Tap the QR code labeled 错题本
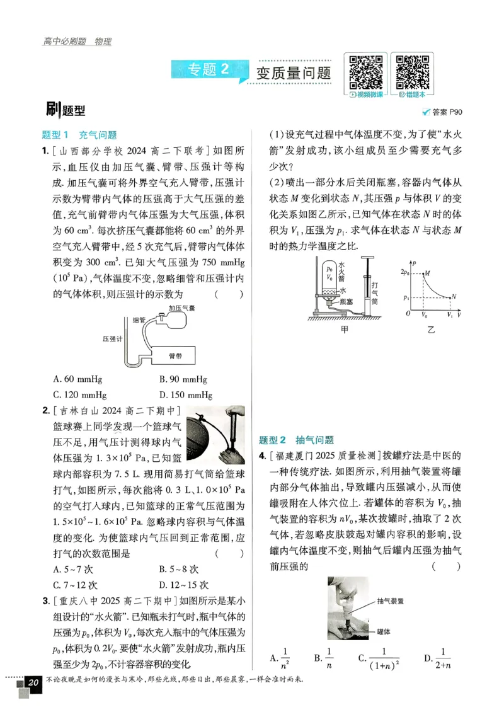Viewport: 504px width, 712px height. [413, 72]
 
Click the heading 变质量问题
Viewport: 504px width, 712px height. [294, 72]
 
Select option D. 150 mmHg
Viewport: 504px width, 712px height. [186, 395]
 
